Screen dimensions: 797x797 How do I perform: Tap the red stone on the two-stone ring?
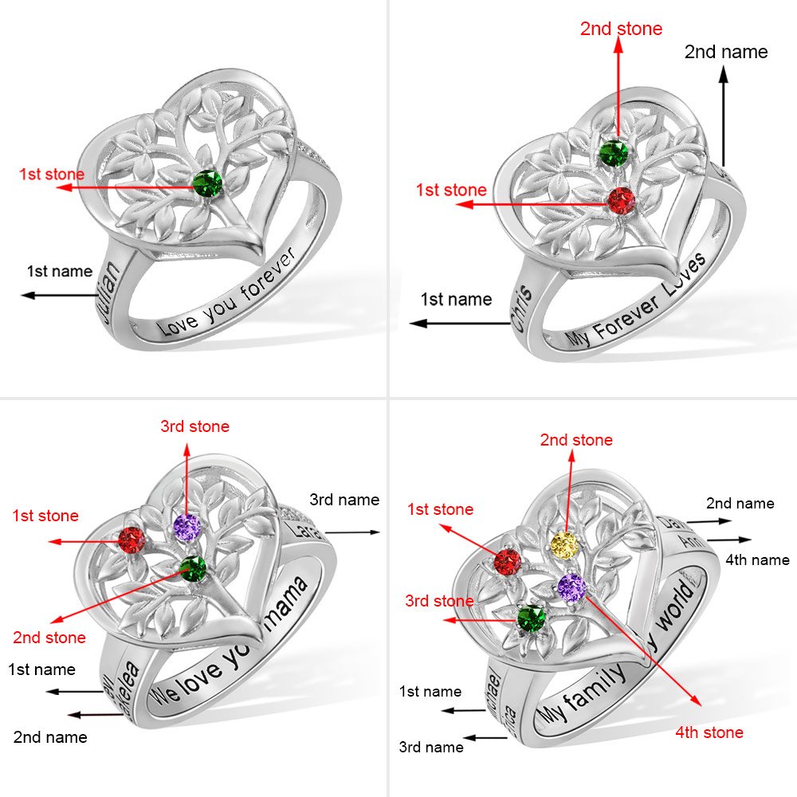(620, 201)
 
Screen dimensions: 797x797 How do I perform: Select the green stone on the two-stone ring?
(614, 152)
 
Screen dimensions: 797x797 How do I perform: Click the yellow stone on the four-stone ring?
(564, 544)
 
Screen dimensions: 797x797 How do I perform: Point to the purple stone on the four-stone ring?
(571, 587)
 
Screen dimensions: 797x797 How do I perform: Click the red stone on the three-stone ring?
(132, 542)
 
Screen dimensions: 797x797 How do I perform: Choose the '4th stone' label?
(709, 732)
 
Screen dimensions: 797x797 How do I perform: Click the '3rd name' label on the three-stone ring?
(344, 500)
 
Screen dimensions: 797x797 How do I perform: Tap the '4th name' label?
(758, 560)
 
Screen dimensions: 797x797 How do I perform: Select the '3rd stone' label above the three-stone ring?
(194, 426)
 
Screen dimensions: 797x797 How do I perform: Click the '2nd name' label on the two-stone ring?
(726, 52)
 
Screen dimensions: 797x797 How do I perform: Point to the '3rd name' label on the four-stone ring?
(431, 747)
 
